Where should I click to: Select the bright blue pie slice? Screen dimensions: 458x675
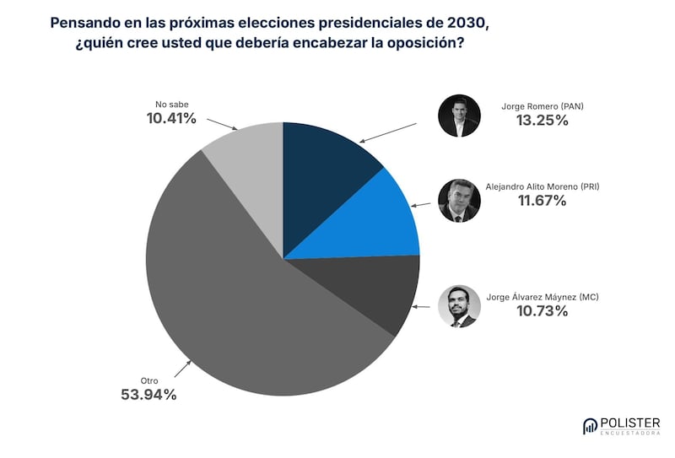click(x=371, y=224)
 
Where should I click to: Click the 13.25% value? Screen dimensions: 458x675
click(x=542, y=121)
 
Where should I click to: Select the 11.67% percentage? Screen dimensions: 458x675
click(x=542, y=201)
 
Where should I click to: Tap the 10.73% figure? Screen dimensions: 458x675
click(x=542, y=311)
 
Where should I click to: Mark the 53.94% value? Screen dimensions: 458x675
click(x=149, y=394)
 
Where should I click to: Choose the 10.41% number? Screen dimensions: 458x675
click(x=171, y=119)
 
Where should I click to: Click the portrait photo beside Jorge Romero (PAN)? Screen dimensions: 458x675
click(x=459, y=116)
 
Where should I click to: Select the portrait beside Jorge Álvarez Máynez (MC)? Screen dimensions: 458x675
click(x=459, y=306)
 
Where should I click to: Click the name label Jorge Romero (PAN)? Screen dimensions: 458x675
click(x=543, y=105)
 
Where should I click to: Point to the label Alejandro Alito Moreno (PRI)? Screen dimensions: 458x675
click(x=543, y=186)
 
